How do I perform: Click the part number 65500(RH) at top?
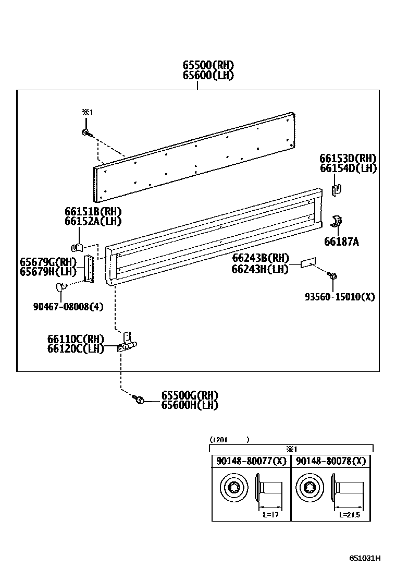(208, 65)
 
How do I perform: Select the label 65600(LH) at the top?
(208, 75)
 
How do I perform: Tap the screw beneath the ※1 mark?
(86, 133)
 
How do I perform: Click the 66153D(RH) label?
(348, 159)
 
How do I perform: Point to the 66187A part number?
(341, 242)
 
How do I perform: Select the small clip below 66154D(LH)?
(336, 189)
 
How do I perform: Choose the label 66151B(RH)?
(93, 211)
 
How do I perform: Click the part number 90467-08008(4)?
(68, 307)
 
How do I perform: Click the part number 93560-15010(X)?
(340, 297)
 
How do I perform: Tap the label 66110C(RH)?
(76, 339)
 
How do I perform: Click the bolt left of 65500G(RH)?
(139, 400)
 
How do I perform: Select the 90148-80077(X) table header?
(251, 461)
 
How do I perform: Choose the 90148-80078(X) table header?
(330, 461)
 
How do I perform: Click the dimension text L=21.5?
(349, 515)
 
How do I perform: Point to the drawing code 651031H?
(365, 558)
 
